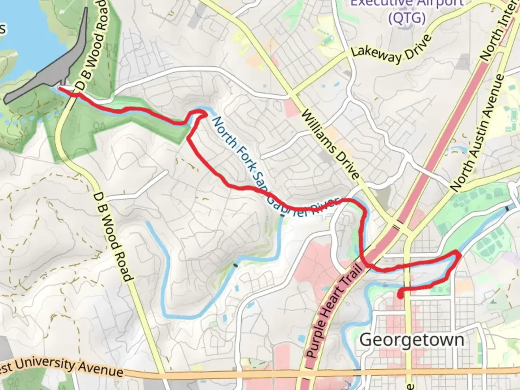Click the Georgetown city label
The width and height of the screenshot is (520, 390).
[412, 340]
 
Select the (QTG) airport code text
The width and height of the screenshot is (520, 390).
[407, 17]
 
